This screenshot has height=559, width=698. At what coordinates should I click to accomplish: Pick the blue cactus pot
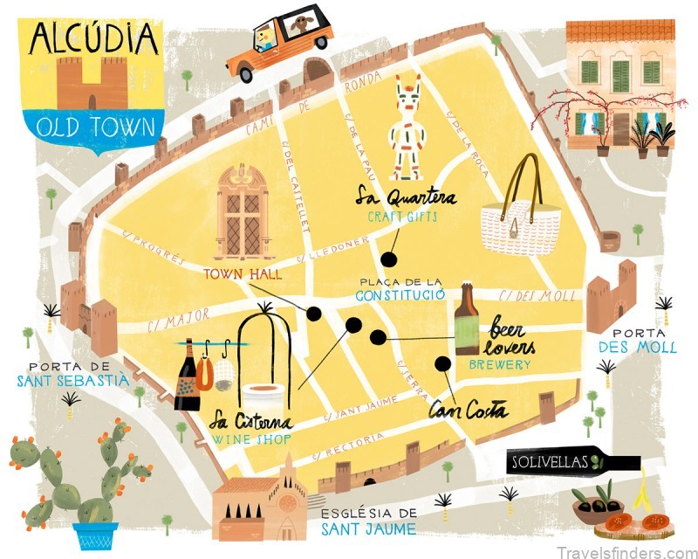click(x=95, y=535)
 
